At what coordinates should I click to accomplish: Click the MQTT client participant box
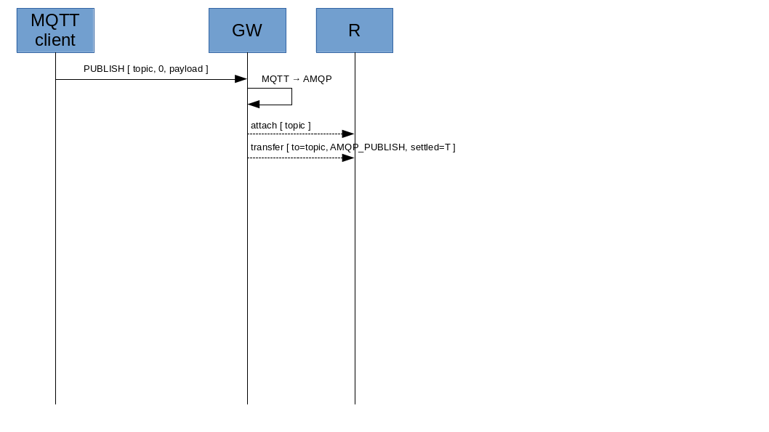[55, 30]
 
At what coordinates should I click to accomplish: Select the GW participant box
[247, 30]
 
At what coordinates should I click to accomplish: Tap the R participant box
[354, 30]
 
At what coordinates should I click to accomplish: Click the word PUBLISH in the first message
[104, 69]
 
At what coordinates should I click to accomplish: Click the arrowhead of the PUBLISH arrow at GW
[241, 79]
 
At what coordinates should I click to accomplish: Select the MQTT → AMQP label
[297, 79]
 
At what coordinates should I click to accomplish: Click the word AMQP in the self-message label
[317, 79]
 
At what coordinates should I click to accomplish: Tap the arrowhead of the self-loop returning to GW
[254, 105]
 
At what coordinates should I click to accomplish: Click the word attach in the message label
[264, 126]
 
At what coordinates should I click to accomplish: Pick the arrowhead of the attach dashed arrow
[347, 134]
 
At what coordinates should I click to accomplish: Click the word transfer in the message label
[267, 147]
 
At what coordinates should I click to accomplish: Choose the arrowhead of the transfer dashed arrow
[347, 158]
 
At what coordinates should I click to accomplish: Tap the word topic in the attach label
[295, 126]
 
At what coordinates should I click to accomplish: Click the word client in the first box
[55, 40]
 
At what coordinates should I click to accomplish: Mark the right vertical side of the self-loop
[291, 97]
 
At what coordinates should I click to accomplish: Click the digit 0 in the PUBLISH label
[161, 69]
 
